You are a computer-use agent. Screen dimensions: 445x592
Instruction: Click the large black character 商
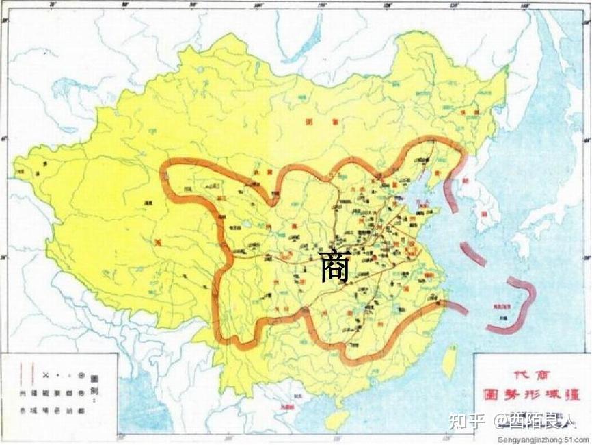coord(335,266)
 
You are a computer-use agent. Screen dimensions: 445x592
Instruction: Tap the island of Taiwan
coord(450,361)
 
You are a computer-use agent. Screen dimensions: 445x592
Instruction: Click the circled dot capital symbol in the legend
coord(81,375)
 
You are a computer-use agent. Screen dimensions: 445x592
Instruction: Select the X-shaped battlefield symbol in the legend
coord(46,375)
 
